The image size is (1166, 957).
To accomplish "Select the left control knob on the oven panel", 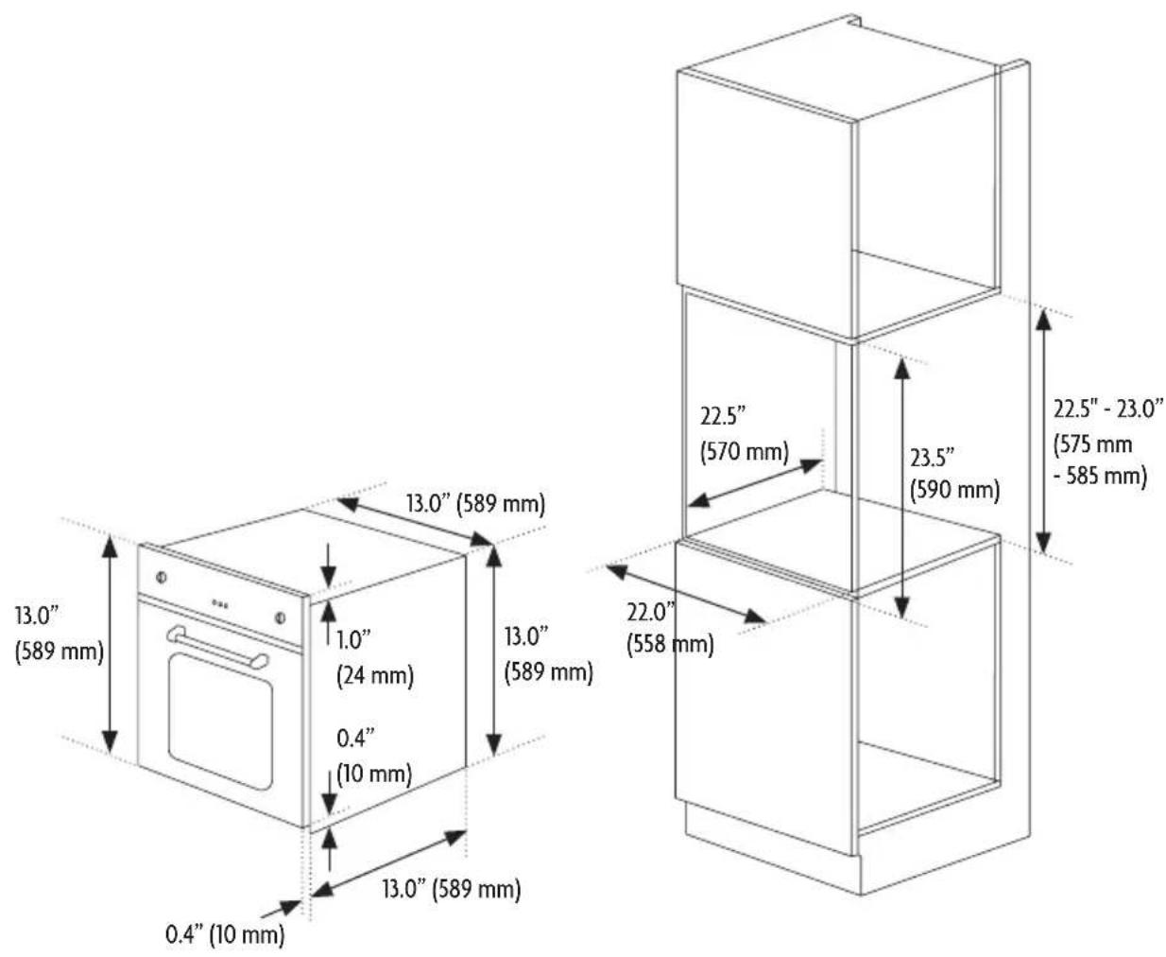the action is pos(162,577).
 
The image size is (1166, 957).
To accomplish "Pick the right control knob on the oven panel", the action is pos(281,618).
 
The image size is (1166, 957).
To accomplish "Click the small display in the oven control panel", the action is pos(219,603).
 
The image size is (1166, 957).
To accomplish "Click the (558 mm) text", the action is pos(670,644).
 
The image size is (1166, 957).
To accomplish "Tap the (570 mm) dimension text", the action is pos(745,452).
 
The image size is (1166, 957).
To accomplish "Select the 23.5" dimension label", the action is pos(933,458).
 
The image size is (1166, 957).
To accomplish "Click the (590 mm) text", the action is pos(955,490).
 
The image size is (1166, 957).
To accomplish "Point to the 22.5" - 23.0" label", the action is pos(1108,409).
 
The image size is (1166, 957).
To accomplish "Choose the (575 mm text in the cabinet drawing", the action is pos(1092,444).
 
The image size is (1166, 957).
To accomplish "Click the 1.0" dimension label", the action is pos(352,640).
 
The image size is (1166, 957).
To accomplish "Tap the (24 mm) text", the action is pos(375,675).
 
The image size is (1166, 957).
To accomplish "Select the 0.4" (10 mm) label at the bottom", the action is pos(225,934).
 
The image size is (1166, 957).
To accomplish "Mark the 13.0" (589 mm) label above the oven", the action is pos(476,504).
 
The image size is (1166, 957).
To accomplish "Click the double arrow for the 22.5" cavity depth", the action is pos(755,482).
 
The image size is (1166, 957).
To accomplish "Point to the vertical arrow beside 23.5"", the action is pos(902,489).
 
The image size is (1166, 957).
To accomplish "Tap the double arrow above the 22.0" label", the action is pos(686,594).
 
